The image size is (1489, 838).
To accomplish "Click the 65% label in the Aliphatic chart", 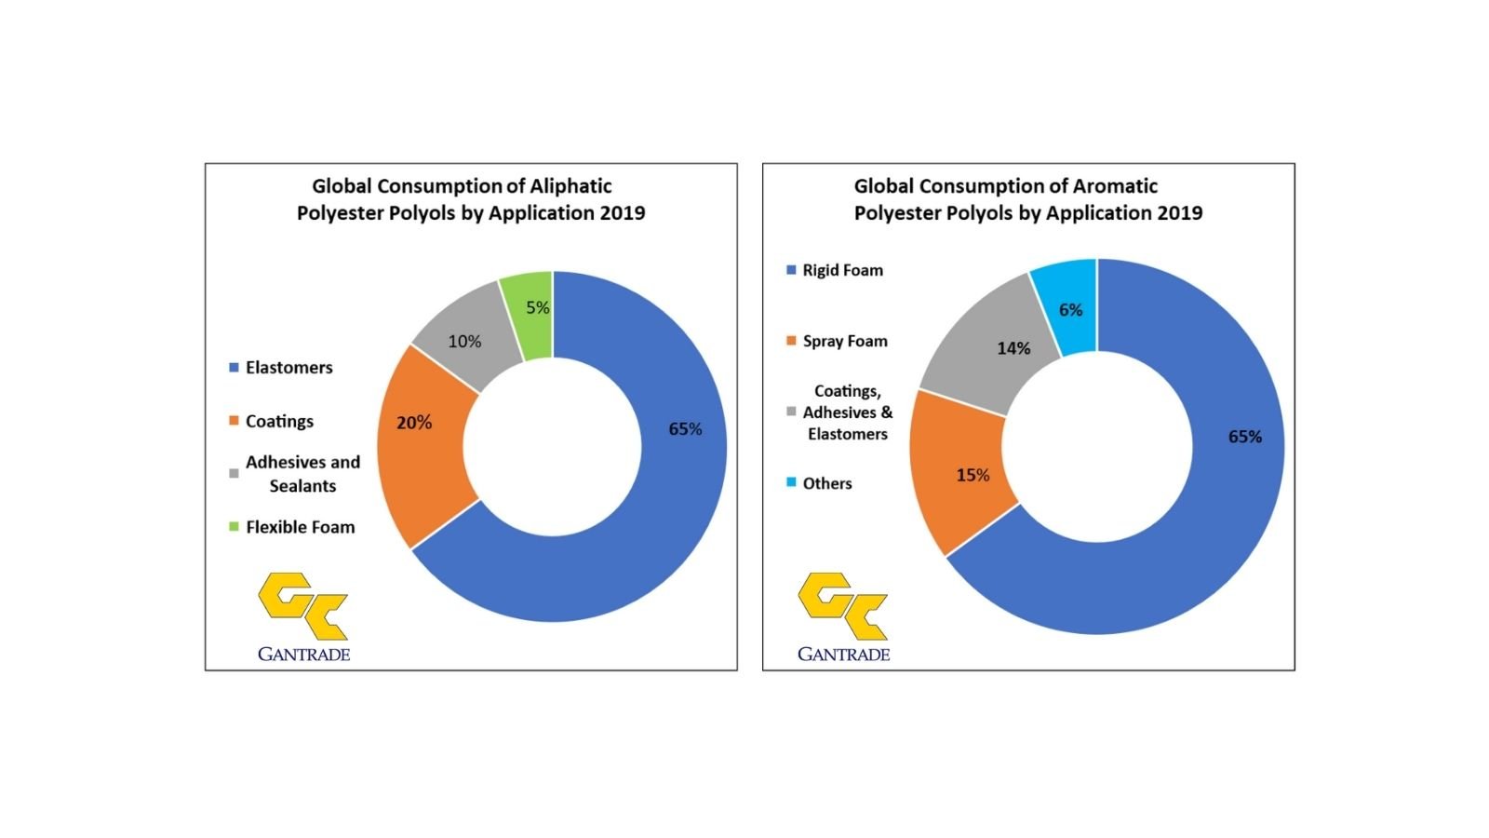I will coord(685,429).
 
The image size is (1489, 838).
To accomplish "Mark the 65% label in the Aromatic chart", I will coord(1244,437).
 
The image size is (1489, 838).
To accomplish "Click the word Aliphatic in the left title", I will coord(570,186).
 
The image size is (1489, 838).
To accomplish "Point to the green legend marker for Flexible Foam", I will coord(234,527).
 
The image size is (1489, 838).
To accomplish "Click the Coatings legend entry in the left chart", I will coord(279,421).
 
